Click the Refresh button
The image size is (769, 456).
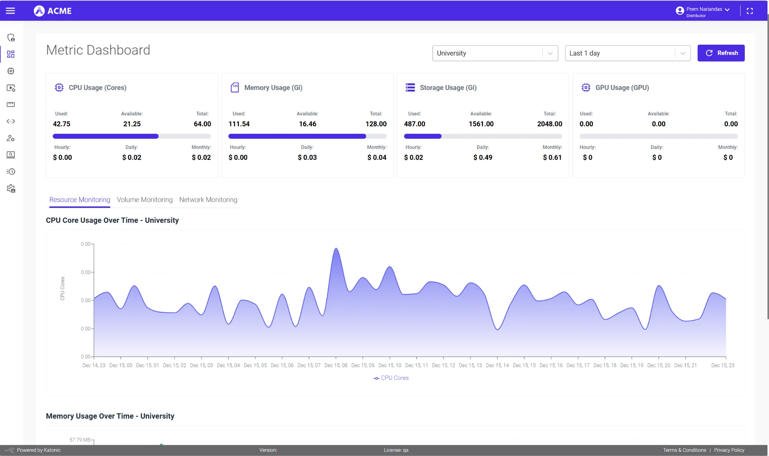click(721, 53)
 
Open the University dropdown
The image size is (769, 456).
click(495, 53)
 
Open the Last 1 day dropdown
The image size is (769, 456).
click(627, 53)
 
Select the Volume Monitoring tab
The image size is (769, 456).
click(145, 200)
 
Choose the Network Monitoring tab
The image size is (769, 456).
click(208, 200)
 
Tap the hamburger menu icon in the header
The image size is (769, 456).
click(10, 11)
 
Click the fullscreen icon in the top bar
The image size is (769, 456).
click(749, 11)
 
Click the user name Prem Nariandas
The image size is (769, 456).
click(704, 9)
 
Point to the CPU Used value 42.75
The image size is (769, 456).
click(62, 124)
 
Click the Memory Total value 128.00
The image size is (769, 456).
click(376, 124)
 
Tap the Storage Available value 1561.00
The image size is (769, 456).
click(481, 124)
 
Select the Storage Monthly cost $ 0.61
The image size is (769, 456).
click(552, 157)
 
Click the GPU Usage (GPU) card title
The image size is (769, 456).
click(622, 88)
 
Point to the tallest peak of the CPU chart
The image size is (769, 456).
click(336, 249)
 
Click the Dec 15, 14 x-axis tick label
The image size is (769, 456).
click(497, 365)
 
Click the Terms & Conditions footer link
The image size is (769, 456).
click(684, 450)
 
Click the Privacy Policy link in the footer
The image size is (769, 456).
click(729, 450)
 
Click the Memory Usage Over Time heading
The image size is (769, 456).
click(110, 416)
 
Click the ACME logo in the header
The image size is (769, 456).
click(53, 11)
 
